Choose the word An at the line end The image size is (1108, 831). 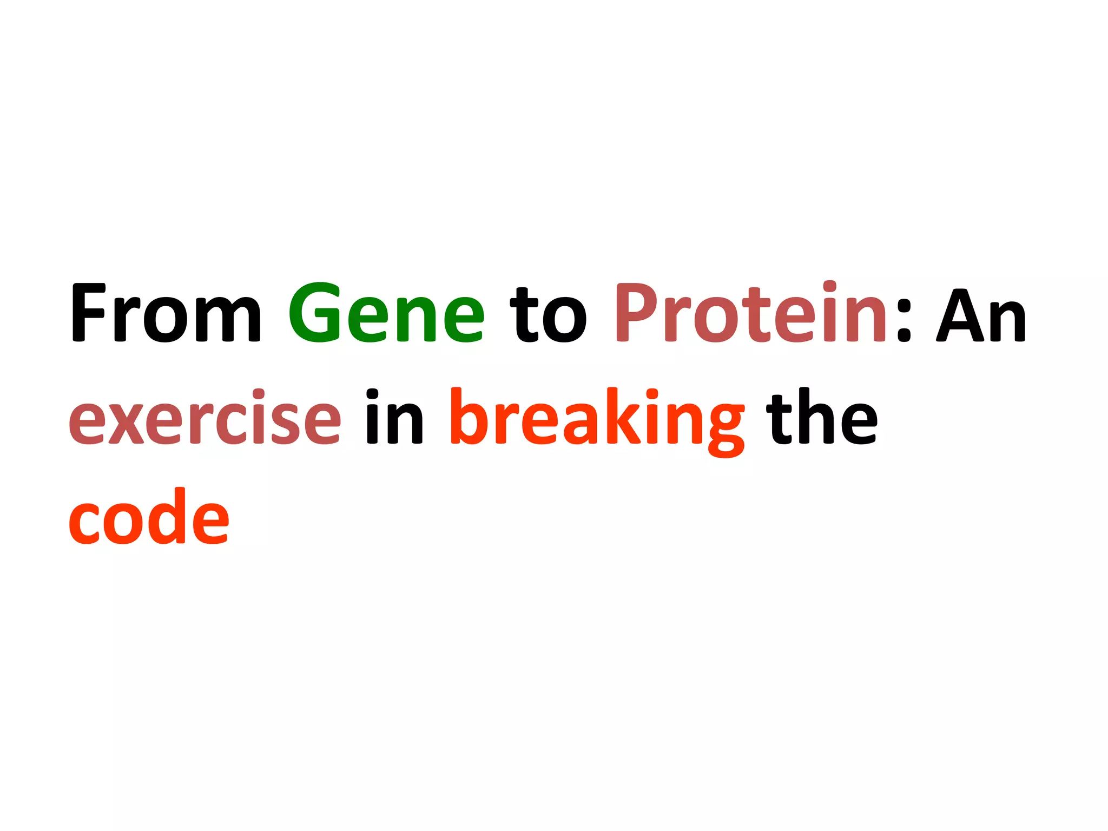click(981, 316)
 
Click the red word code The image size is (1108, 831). click(149, 517)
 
